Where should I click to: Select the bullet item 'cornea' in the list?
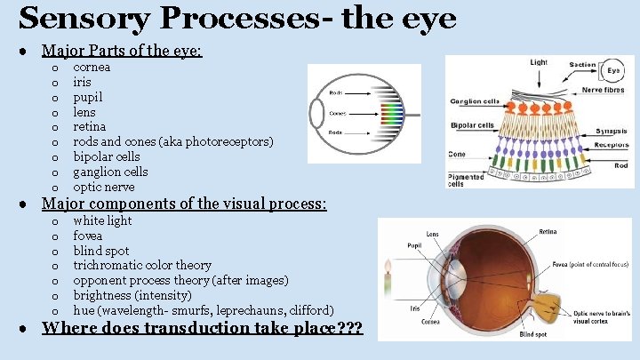(x=92, y=68)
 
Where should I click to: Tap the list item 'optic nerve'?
(x=103, y=188)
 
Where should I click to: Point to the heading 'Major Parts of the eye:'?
(x=122, y=50)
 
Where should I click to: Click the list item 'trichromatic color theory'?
(x=141, y=266)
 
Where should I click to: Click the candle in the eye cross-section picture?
(x=388, y=282)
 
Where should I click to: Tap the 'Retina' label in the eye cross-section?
(x=548, y=232)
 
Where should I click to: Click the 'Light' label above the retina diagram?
(x=539, y=63)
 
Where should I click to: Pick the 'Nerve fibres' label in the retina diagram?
(x=605, y=90)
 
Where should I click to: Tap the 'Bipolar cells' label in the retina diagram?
(x=472, y=125)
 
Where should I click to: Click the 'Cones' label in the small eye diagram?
(x=338, y=114)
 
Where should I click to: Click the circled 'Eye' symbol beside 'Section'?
(x=613, y=70)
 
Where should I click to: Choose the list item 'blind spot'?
(x=100, y=251)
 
